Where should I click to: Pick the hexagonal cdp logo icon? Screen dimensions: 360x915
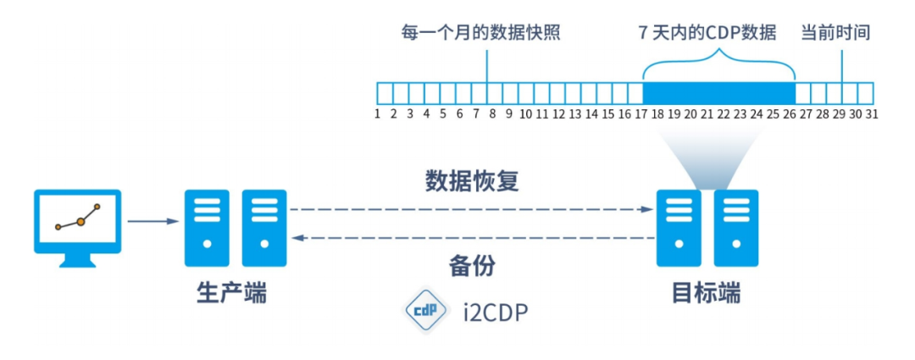(424, 313)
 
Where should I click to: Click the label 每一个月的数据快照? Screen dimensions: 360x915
(480, 33)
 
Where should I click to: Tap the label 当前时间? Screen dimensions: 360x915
(835, 33)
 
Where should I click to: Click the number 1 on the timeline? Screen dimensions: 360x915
(377, 114)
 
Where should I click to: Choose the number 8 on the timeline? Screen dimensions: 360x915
(492, 114)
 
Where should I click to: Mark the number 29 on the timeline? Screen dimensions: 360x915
(839, 114)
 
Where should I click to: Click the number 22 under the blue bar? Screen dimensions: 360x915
(723, 114)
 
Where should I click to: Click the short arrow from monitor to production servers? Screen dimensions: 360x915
(152, 222)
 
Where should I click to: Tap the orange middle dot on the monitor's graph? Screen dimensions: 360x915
(80, 221)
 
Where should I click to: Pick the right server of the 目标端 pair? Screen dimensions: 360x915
(735, 228)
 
